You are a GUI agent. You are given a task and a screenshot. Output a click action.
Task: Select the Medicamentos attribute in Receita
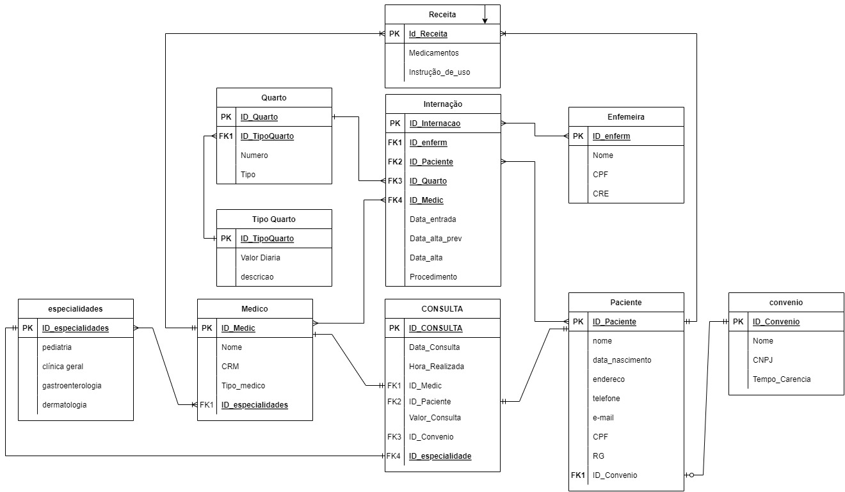point(433,53)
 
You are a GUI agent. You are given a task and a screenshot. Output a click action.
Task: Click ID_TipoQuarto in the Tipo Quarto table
point(267,239)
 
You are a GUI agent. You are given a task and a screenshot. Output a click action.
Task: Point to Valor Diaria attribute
point(261,258)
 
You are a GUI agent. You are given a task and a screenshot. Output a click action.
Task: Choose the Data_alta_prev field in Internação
point(435,239)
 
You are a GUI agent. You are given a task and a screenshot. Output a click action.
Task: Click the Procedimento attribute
point(433,277)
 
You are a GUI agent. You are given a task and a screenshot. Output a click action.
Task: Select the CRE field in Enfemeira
point(600,193)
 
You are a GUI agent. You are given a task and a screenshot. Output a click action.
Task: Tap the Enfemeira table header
point(625,117)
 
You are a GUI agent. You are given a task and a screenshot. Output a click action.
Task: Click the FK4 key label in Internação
point(395,200)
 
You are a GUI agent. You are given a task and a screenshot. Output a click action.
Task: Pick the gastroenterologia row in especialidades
point(72,386)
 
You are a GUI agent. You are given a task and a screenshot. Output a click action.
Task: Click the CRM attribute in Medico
point(230,367)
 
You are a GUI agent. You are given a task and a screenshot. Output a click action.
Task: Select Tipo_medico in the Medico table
point(243,386)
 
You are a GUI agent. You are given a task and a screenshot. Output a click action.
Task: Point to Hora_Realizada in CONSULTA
point(437,367)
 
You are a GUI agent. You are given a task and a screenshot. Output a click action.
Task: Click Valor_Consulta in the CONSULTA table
point(435,418)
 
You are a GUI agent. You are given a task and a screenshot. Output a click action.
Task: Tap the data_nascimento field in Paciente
point(622,360)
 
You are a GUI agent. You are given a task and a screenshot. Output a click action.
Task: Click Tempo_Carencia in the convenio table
point(781,379)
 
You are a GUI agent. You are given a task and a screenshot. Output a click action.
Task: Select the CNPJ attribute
point(763,360)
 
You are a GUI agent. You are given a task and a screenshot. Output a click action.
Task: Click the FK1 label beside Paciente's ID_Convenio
point(578,475)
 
